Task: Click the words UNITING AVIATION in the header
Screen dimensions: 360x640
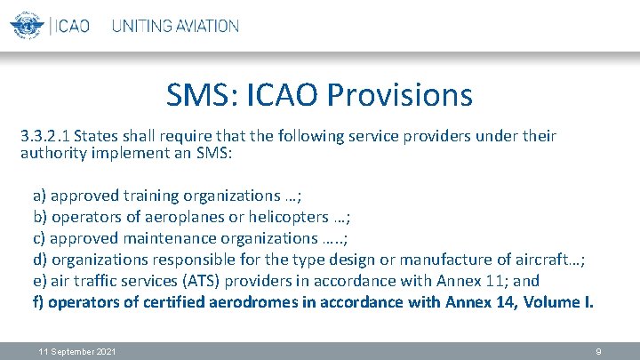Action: coord(175,26)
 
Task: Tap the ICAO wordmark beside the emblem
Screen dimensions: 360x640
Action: coord(72,26)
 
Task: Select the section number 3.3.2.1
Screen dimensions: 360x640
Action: coord(45,136)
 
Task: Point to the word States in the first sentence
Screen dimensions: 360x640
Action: coord(95,136)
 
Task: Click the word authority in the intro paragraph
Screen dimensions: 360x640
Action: coord(52,153)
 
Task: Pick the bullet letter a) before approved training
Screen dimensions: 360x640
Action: coord(40,195)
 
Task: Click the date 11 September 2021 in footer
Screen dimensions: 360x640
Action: coord(77,352)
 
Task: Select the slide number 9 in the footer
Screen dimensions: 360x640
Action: coord(598,352)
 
